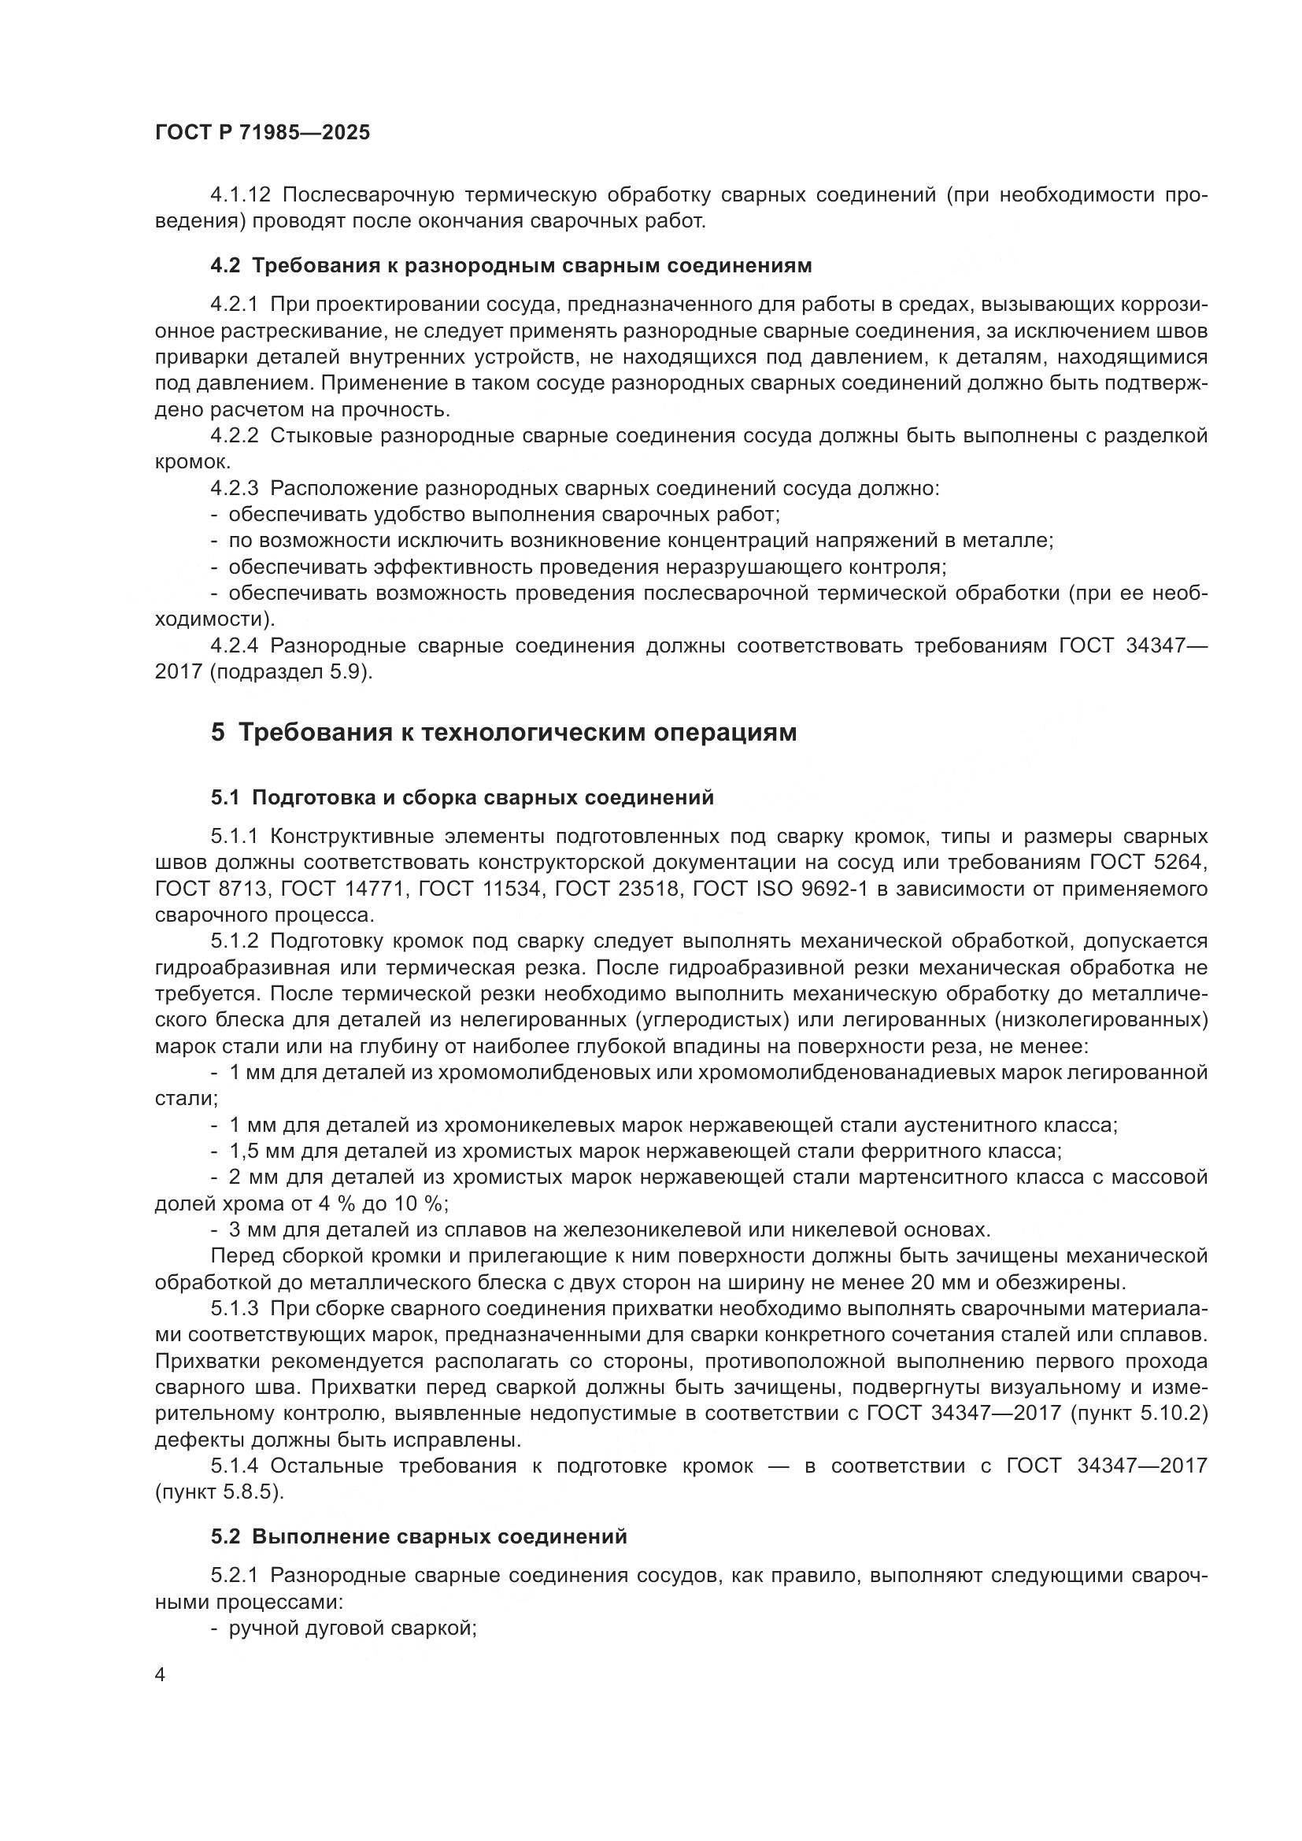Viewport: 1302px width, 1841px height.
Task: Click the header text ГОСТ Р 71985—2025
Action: [262, 133]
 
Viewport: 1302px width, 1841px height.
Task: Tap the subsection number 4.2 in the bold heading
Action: [225, 265]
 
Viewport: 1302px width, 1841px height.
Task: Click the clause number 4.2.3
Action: [234, 488]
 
